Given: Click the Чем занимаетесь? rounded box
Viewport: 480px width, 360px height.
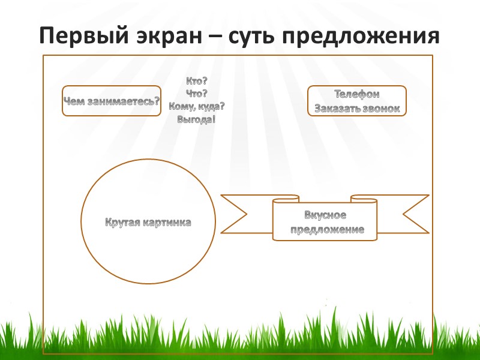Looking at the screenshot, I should click(x=112, y=101).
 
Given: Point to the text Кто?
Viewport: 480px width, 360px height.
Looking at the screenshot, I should click(x=197, y=80).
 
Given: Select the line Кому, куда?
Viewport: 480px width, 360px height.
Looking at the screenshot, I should click(x=197, y=106).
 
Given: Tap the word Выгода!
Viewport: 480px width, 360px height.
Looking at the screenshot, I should click(x=197, y=119).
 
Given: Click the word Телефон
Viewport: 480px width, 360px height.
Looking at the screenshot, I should click(x=356, y=94).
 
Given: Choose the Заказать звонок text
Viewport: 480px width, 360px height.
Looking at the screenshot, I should click(x=356, y=109).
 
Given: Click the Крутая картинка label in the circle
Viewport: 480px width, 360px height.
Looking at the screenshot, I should click(x=148, y=223).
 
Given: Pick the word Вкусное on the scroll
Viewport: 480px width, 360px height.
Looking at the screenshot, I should click(x=326, y=216).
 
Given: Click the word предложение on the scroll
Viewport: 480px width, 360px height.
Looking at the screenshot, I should click(x=327, y=229).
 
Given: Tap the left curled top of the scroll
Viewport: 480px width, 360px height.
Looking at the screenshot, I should click(x=286, y=198).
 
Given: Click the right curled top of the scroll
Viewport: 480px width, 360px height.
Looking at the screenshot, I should click(x=364, y=198).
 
